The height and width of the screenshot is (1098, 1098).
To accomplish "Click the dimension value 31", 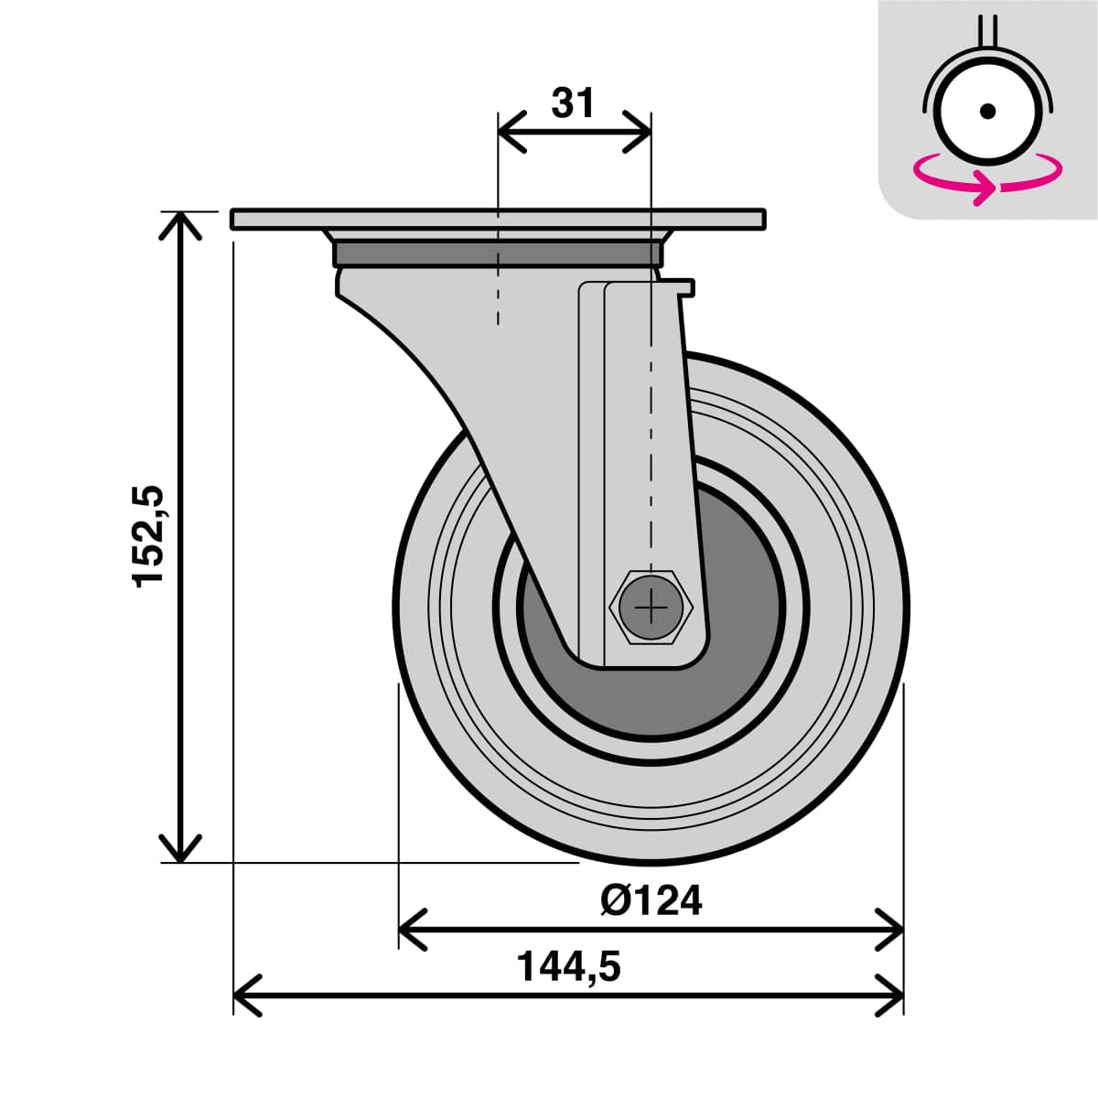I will [573, 104].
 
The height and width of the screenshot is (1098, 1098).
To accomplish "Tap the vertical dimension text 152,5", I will [148, 536].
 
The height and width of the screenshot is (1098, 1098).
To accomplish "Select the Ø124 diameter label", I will [651, 900].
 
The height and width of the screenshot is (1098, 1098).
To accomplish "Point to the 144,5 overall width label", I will [568, 966].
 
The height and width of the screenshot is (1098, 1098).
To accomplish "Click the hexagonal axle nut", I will [651, 607].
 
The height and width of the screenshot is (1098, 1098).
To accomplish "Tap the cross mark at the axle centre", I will [651, 607].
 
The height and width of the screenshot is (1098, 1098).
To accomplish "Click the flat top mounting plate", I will [498, 220].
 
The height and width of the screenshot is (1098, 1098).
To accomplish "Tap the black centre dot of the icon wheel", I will [987, 111].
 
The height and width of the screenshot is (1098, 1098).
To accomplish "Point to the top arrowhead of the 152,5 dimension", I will [181, 223].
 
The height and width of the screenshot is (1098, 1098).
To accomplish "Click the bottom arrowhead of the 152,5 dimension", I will [181, 850].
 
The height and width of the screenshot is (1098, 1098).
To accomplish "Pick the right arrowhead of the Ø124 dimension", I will [891, 930].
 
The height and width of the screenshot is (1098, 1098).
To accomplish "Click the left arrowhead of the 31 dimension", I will [509, 131].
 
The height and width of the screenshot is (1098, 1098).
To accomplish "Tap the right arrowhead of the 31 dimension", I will [639, 131].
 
